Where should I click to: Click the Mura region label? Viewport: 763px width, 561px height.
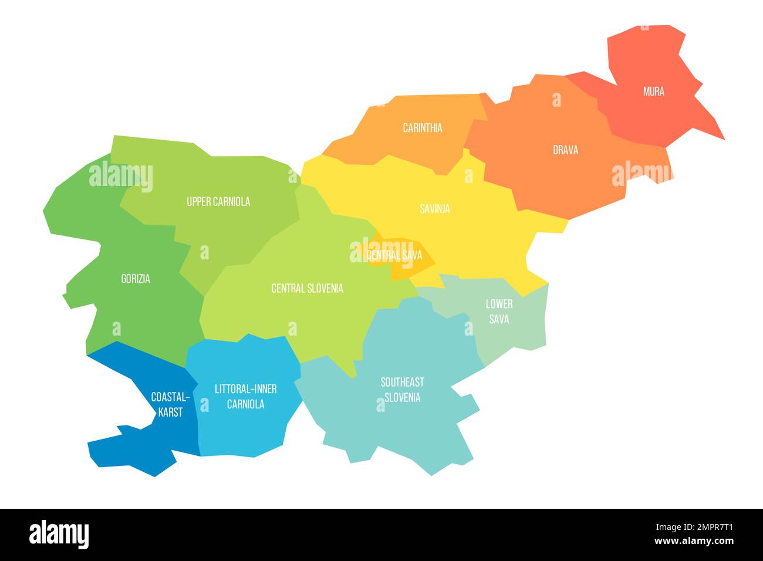(x=653, y=92)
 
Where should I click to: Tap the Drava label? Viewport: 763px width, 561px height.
(x=565, y=150)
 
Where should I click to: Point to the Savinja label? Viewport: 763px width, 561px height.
(x=434, y=208)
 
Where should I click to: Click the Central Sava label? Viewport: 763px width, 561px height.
(x=394, y=255)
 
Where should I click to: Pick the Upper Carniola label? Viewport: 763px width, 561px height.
(x=218, y=202)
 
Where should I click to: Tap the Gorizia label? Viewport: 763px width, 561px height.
(x=136, y=279)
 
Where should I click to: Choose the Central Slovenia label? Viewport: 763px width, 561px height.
(x=307, y=288)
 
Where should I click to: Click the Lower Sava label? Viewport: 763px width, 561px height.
(x=499, y=311)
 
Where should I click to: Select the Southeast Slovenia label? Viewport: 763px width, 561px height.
(x=402, y=390)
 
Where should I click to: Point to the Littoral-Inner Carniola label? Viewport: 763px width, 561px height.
(x=245, y=396)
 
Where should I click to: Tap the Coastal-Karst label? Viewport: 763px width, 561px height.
(x=167, y=404)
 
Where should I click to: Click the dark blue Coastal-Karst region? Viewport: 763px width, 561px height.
(x=135, y=446)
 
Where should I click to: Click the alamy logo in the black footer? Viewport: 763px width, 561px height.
(x=59, y=534)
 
